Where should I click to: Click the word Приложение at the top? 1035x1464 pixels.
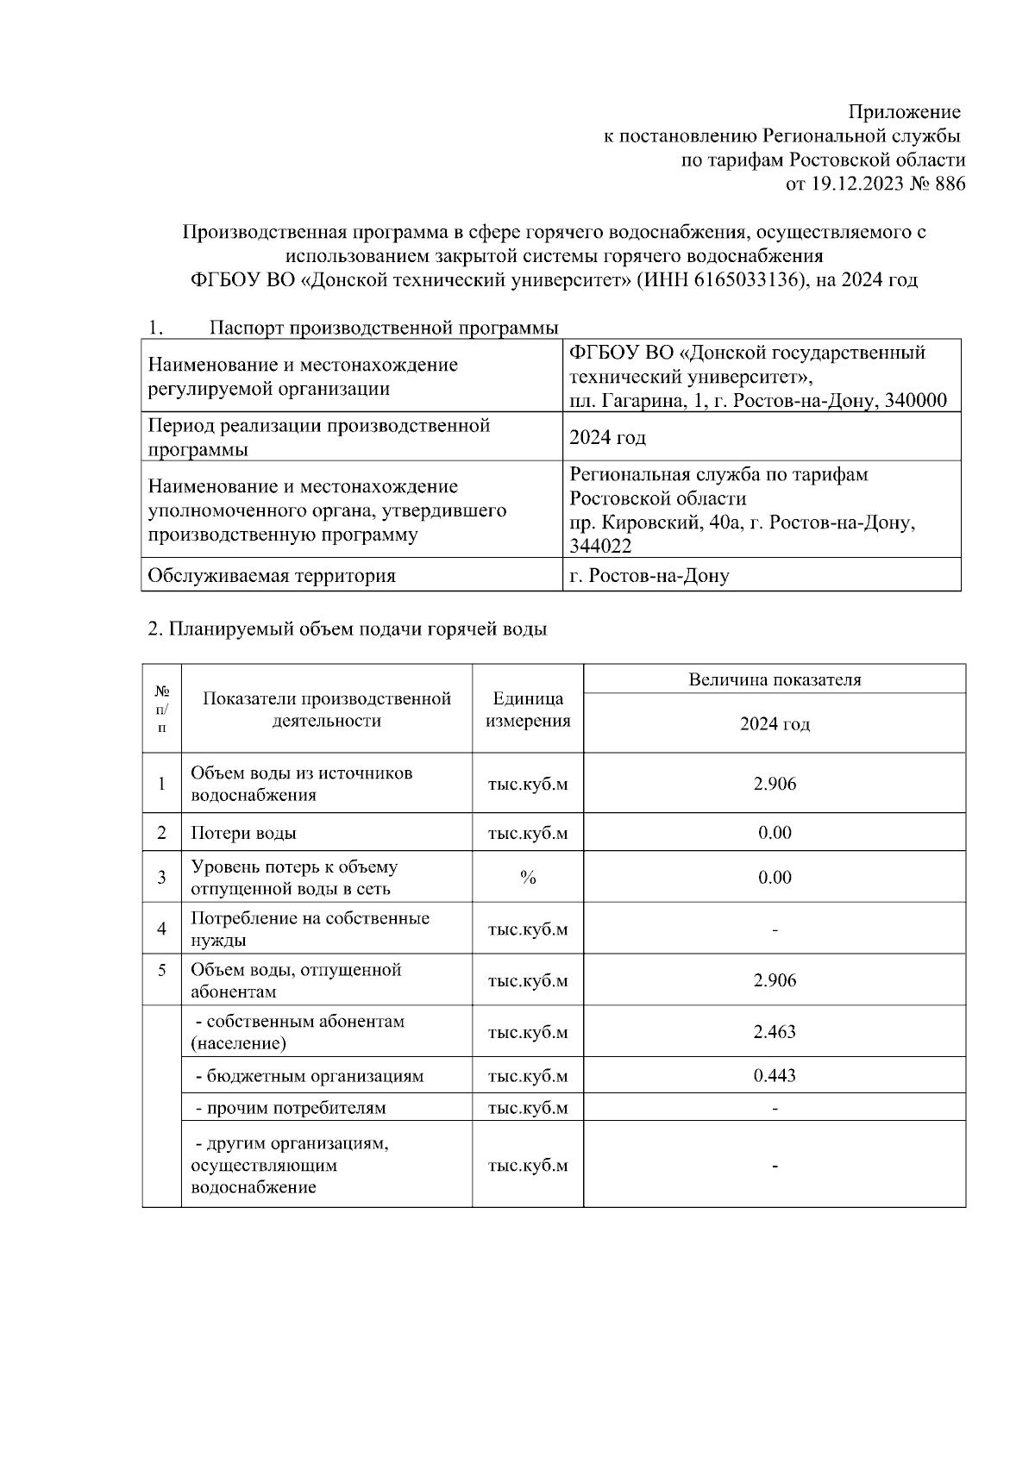point(904,112)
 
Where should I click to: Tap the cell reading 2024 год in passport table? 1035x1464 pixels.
point(607,438)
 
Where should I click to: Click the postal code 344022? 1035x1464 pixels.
point(599,547)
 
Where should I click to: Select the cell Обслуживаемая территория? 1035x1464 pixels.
point(272,576)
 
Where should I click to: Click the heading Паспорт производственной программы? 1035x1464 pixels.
point(384,328)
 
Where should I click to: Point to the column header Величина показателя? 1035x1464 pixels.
point(775,679)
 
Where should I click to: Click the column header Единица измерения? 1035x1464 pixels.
point(528,710)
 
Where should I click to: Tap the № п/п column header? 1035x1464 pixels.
point(162,709)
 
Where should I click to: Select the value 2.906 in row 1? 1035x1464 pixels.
point(775,784)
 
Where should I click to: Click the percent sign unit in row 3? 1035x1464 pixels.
point(528,878)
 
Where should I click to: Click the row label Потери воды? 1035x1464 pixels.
point(244,833)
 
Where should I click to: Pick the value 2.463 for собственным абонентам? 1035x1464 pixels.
point(775,1031)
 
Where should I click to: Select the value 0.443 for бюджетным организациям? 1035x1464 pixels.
point(775,1075)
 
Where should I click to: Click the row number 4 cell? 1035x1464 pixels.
point(162,929)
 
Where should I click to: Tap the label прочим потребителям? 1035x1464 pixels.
point(292,1108)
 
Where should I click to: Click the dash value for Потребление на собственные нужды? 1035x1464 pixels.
point(775,929)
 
